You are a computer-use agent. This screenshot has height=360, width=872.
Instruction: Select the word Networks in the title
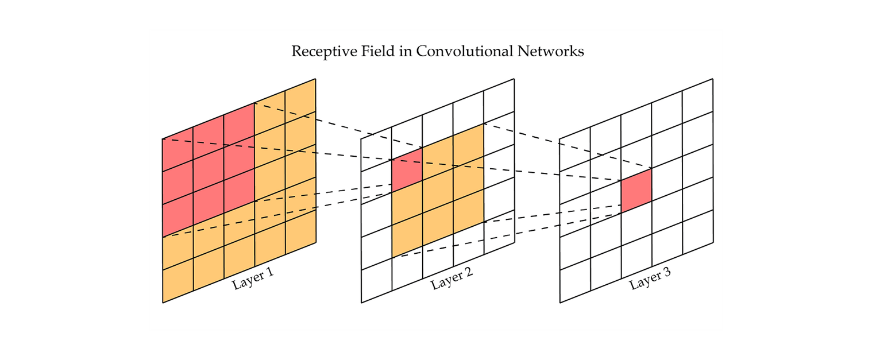click(551, 51)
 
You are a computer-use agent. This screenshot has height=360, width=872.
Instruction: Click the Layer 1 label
click(253, 278)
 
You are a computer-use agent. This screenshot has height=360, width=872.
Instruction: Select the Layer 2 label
click(452, 278)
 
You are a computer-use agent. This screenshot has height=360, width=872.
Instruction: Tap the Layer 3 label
click(650, 278)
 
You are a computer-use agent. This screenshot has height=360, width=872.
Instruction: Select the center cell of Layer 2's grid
click(438, 191)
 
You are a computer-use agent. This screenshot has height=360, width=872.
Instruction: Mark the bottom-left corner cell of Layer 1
click(178, 281)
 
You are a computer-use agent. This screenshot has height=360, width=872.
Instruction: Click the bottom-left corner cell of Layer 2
click(376, 281)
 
